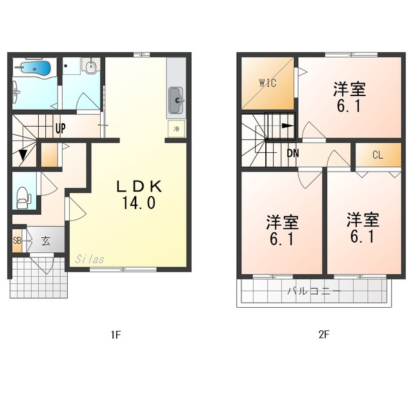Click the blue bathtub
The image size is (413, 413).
[x=35, y=68]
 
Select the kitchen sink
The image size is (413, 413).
[x=176, y=100]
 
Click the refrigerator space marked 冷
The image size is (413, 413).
[x=176, y=129]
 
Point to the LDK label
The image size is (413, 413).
[x=138, y=186]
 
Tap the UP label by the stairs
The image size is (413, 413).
[x=60, y=128]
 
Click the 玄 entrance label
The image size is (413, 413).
[x=46, y=241]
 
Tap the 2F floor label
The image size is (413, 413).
[x=324, y=334]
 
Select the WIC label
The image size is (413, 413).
[x=268, y=83]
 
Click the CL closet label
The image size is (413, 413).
[x=378, y=155]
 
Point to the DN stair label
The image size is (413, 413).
[x=292, y=154]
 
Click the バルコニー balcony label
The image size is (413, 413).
[x=314, y=292]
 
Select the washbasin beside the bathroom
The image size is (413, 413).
[x=90, y=66]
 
